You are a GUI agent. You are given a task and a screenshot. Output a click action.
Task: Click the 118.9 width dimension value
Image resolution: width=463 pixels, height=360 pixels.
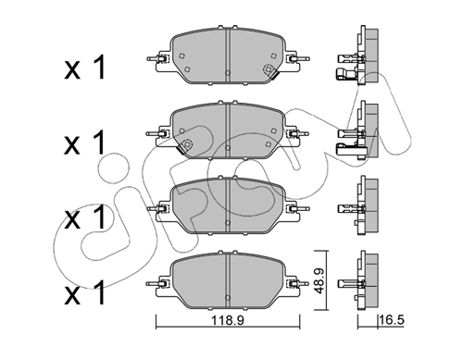(228, 320)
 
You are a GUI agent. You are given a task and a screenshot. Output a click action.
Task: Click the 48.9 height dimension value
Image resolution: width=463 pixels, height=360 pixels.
(319, 280)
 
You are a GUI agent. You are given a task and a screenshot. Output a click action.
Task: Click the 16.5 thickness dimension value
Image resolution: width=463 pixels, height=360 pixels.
(392, 320)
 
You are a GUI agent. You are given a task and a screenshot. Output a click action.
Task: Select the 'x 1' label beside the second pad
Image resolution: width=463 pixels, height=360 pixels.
(85, 143)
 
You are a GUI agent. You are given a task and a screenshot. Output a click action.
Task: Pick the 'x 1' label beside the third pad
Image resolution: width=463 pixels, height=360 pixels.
(85, 217)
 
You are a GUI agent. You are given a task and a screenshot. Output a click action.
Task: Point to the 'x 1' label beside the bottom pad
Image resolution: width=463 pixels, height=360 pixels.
(85, 292)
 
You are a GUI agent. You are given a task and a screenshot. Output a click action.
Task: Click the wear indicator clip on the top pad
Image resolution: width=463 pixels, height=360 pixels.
(269, 71)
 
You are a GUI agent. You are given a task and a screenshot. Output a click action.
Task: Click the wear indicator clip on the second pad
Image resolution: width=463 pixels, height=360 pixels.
(185, 146)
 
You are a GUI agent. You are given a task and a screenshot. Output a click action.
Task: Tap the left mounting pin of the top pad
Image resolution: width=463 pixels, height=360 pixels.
(156, 58)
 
